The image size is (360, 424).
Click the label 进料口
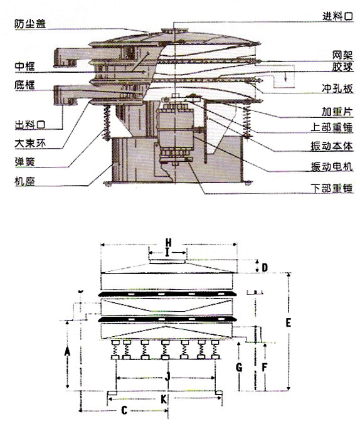[338, 16]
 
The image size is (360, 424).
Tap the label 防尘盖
[30, 24]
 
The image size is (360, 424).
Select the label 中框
[25, 66]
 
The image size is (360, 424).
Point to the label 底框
[25, 85]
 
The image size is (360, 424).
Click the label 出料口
[30, 125]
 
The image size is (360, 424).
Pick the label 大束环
[30, 143]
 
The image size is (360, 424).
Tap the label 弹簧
[25, 162]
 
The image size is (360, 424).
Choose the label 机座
[25, 181]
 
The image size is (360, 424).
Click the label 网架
[342, 55]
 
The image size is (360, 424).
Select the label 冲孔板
[337, 88]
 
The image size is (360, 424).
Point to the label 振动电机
[332, 167]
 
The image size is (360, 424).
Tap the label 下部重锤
[332, 188]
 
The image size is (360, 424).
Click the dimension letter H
[169, 243]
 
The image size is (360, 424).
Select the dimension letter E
[289, 322]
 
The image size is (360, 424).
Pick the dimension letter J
[167, 376]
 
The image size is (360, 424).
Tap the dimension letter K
[164, 399]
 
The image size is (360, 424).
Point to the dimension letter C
[124, 410]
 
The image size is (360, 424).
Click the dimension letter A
[67, 352]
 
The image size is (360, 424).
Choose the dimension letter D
[265, 267]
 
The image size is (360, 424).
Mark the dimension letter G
[239, 367]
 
